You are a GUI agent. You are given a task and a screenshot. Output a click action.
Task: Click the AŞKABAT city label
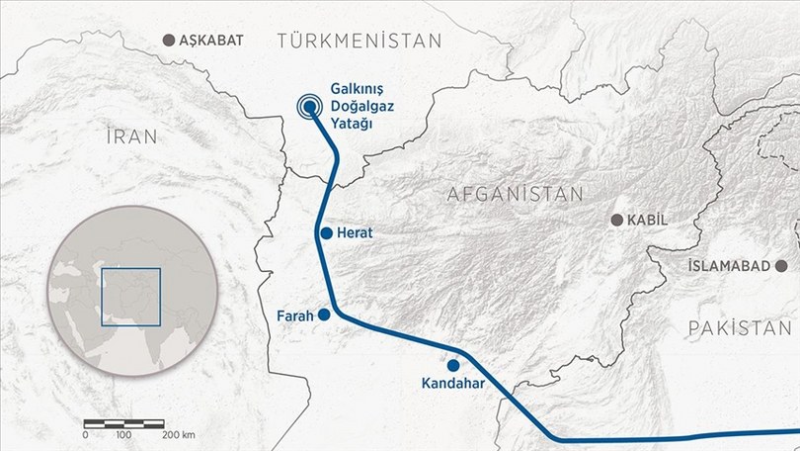click(x=213, y=41)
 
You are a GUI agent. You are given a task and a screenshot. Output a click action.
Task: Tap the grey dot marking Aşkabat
click(x=166, y=41)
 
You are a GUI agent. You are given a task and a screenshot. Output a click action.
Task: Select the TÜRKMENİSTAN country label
click(x=358, y=40)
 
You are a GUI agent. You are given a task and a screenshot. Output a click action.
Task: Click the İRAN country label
click(x=129, y=137)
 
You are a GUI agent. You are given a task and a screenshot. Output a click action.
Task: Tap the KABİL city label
click(x=656, y=220)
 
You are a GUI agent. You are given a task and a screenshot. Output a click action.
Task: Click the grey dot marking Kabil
click(x=617, y=220)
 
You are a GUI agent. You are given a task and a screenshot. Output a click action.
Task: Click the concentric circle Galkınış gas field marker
click(x=310, y=106)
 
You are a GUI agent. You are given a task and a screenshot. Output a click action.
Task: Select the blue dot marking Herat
click(x=326, y=233)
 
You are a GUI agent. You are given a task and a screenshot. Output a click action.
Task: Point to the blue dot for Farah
click(x=324, y=315)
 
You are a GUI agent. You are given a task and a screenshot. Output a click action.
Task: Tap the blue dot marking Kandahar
click(x=453, y=365)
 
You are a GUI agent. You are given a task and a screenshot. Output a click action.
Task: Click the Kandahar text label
click(x=452, y=383)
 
